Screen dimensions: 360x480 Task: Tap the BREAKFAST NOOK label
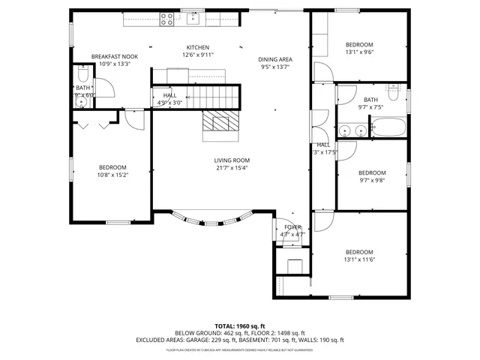pyautogui.click(x=115, y=56)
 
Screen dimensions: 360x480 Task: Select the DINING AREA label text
pyautogui.click(x=275, y=59)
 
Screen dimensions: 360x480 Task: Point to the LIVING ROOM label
pyautogui.click(x=232, y=160)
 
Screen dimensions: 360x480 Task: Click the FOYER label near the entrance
pyautogui.click(x=292, y=226)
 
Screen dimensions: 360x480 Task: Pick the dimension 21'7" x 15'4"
pyautogui.click(x=232, y=168)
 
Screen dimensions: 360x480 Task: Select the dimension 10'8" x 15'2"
pyautogui.click(x=112, y=175)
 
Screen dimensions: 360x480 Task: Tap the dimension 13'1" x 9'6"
pyautogui.click(x=359, y=52)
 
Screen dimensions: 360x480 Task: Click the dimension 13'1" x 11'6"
pyautogui.click(x=359, y=259)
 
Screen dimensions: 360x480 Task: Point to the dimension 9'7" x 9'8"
pyautogui.click(x=372, y=179)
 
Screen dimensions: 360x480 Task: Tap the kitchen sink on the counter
pyautogui.click(x=193, y=13)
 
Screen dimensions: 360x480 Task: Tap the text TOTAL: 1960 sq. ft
pyautogui.click(x=239, y=326)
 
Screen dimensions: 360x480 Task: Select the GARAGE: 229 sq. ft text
pyautogui.click(x=217, y=340)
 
